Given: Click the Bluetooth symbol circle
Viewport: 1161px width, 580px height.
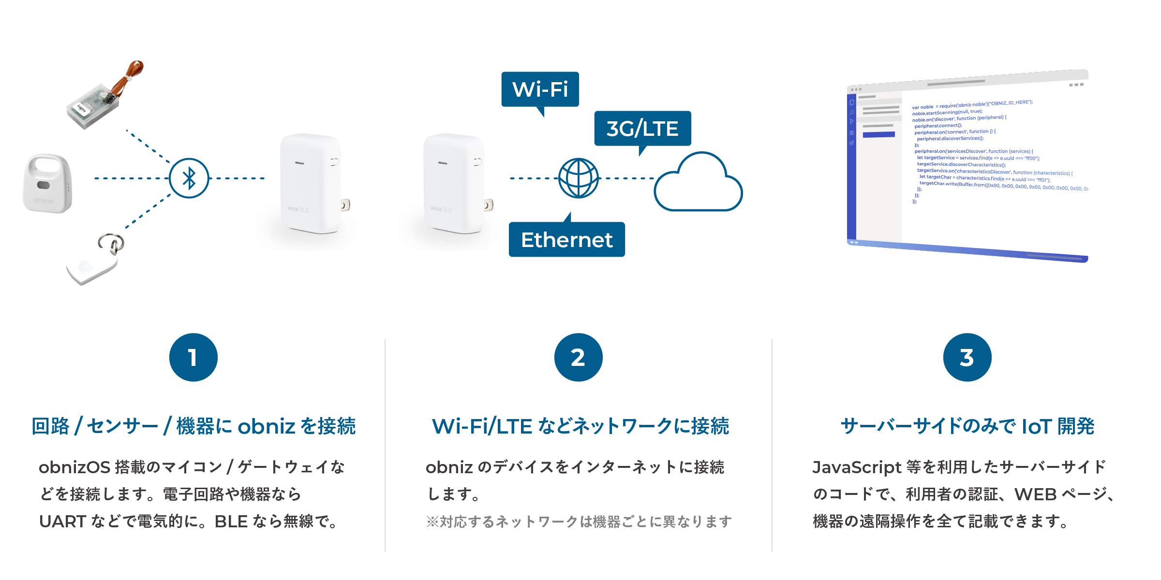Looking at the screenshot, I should [189, 178].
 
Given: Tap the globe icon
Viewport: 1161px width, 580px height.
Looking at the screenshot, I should [579, 178].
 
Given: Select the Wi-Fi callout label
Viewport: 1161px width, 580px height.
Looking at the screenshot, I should [540, 89].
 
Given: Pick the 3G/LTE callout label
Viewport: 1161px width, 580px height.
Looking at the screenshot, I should [642, 129].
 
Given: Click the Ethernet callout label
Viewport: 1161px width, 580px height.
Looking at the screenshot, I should [567, 240].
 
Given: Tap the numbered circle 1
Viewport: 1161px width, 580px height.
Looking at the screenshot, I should [193, 358].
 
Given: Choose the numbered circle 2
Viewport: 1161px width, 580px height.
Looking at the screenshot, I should [579, 358].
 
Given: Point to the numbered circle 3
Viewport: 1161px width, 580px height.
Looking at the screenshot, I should [967, 358].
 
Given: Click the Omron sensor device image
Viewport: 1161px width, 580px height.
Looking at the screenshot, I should [47, 183].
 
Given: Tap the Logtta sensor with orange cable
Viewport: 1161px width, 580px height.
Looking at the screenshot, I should [105, 95].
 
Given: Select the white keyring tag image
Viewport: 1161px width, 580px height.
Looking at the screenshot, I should [95, 260].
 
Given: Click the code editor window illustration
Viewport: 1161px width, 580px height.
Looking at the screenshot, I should [967, 164].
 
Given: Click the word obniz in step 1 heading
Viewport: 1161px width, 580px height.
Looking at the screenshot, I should [266, 426].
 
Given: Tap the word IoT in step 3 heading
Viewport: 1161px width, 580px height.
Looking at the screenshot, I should [1036, 426].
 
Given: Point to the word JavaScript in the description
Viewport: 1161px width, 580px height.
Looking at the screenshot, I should [857, 467].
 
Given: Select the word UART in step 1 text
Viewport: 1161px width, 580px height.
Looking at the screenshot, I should [62, 522].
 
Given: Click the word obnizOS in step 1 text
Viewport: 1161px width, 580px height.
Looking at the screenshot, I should [74, 467].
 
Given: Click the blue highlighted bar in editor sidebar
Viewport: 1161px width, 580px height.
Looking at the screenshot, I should [878, 134].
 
